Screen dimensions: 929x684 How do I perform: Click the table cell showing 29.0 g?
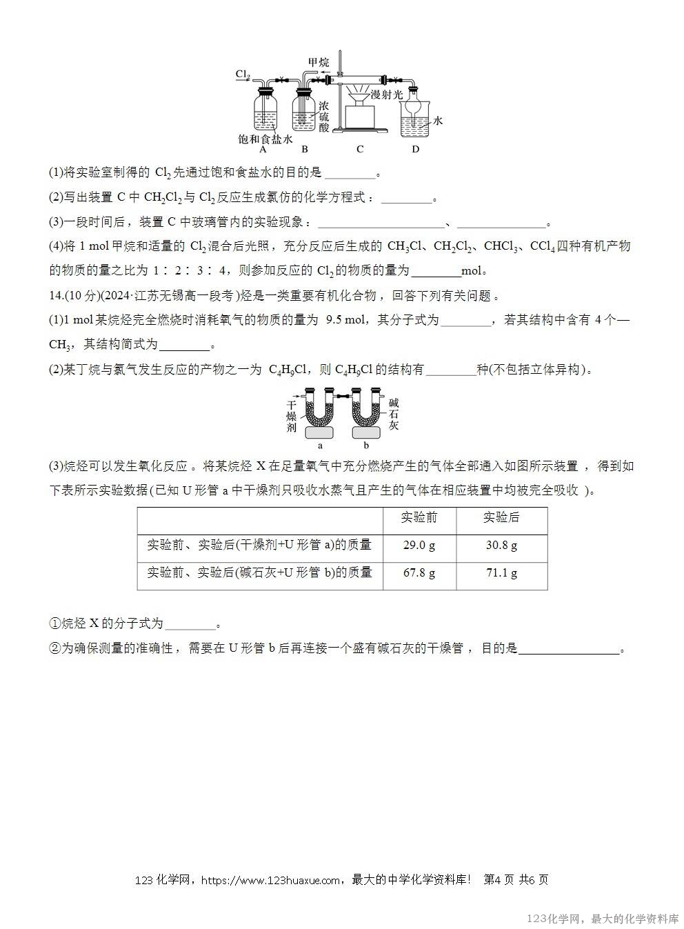pyautogui.click(x=419, y=545)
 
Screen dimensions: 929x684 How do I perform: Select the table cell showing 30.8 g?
pyautogui.click(x=501, y=545)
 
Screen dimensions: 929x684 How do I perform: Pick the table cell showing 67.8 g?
pyautogui.click(x=419, y=572)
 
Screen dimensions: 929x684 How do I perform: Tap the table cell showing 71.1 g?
pyautogui.click(x=501, y=572)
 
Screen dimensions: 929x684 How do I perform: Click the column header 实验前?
pyautogui.click(x=419, y=517)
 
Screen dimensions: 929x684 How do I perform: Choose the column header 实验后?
pyautogui.click(x=501, y=517)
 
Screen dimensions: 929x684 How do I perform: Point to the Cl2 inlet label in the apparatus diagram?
pyautogui.click(x=242, y=74)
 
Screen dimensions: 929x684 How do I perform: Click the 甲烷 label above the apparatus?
pyautogui.click(x=318, y=63)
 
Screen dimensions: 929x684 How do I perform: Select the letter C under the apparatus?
pyautogui.click(x=360, y=149)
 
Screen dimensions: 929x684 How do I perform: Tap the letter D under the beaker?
pyautogui.click(x=415, y=149)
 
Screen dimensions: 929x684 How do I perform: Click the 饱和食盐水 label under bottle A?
pyautogui.click(x=265, y=139)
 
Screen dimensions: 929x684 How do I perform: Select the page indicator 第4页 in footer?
pyautogui.click(x=499, y=880)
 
